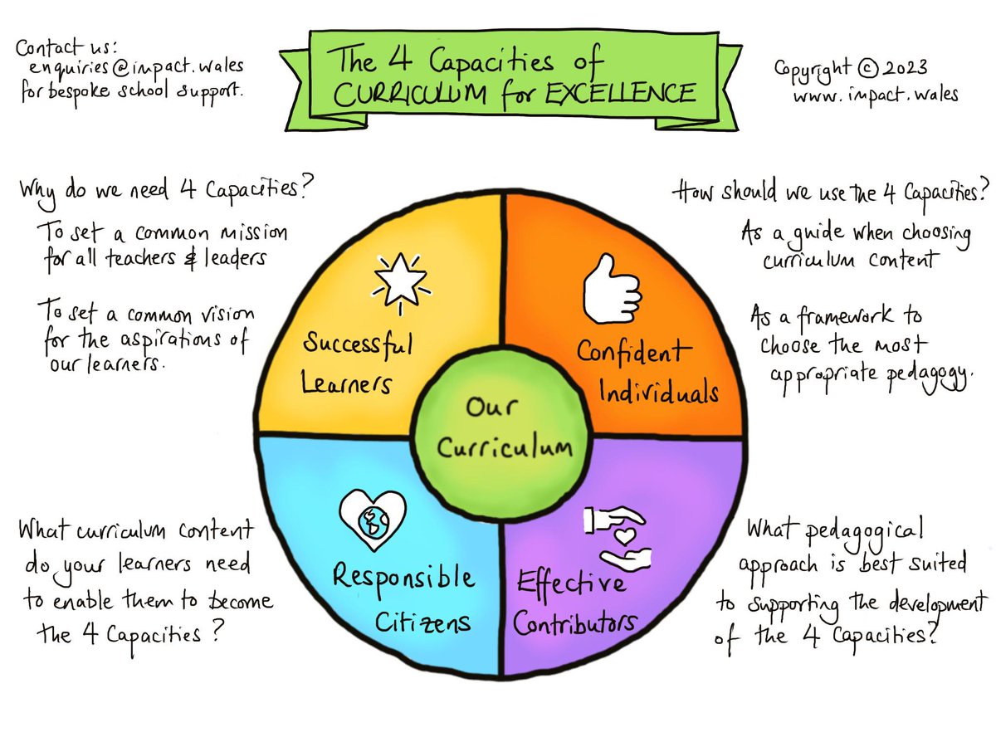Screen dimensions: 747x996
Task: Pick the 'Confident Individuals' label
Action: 648,370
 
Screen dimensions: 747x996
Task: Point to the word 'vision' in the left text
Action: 227,316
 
